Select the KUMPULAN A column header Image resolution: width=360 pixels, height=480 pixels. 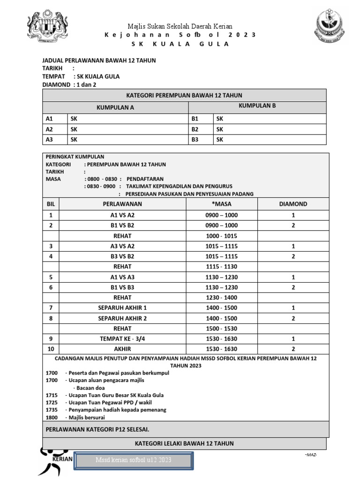coord(115,107)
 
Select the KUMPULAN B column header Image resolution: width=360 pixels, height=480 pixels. coord(257,106)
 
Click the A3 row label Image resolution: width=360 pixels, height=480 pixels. coord(50,139)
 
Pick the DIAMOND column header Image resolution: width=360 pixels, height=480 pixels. coord(293,204)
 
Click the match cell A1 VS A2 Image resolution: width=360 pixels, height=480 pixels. coord(122,215)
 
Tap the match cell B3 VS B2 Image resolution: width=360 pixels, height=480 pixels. coord(122,256)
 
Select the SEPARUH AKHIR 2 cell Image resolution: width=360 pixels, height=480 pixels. coord(122,318)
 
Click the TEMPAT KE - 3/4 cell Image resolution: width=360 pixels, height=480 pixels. coord(122,339)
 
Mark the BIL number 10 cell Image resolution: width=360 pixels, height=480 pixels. coord(51,349)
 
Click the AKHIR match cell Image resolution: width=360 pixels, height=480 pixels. coord(122,349)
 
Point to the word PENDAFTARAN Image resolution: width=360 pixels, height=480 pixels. coord(145,179)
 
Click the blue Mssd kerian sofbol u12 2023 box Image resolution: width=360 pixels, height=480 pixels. coord(135,460)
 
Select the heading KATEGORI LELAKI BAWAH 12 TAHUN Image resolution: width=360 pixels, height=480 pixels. coord(184,443)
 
